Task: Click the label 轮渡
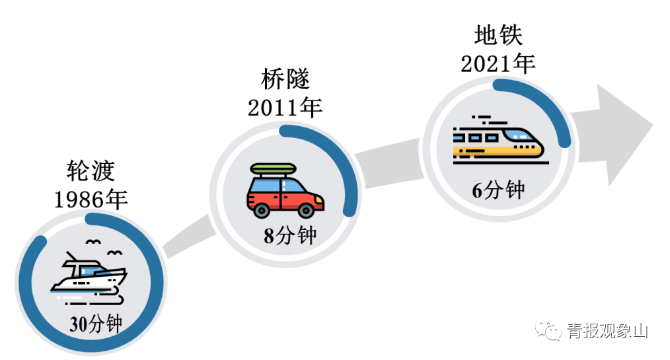point(91,171)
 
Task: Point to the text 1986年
point(91,199)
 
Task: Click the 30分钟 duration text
point(96,324)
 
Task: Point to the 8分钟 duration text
point(290,236)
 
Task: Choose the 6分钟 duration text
point(498,190)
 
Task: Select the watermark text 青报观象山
point(607,330)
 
